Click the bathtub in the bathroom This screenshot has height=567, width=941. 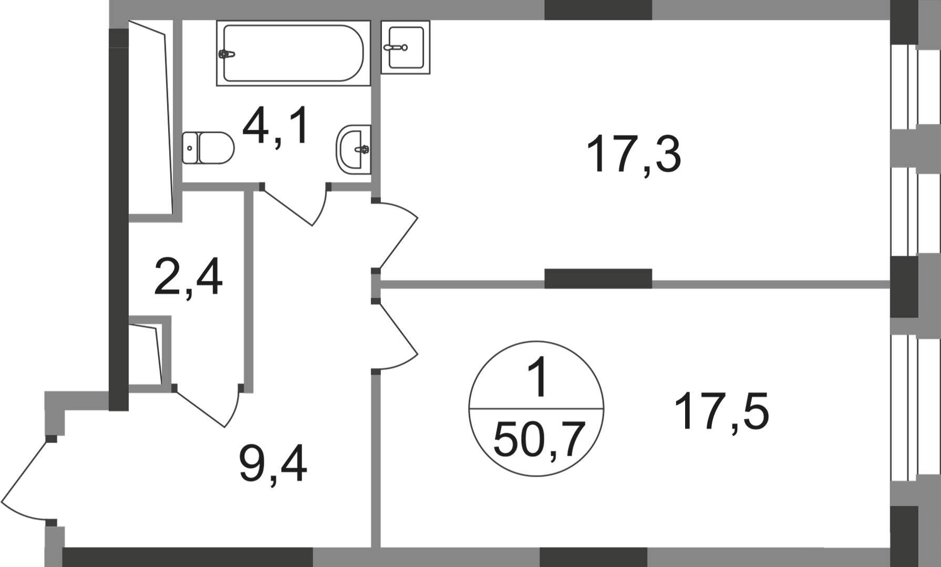tap(293, 53)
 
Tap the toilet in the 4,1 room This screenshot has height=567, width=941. tap(208, 148)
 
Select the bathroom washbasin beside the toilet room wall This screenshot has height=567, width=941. tap(354, 149)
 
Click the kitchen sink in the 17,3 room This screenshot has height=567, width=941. tap(405, 47)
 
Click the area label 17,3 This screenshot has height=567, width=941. tap(634, 154)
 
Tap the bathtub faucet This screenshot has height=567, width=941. tap(226, 54)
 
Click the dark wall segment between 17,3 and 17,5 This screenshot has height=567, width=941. tap(598, 279)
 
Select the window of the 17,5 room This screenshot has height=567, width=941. tap(904, 408)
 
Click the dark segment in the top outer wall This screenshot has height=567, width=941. tap(598, 10)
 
